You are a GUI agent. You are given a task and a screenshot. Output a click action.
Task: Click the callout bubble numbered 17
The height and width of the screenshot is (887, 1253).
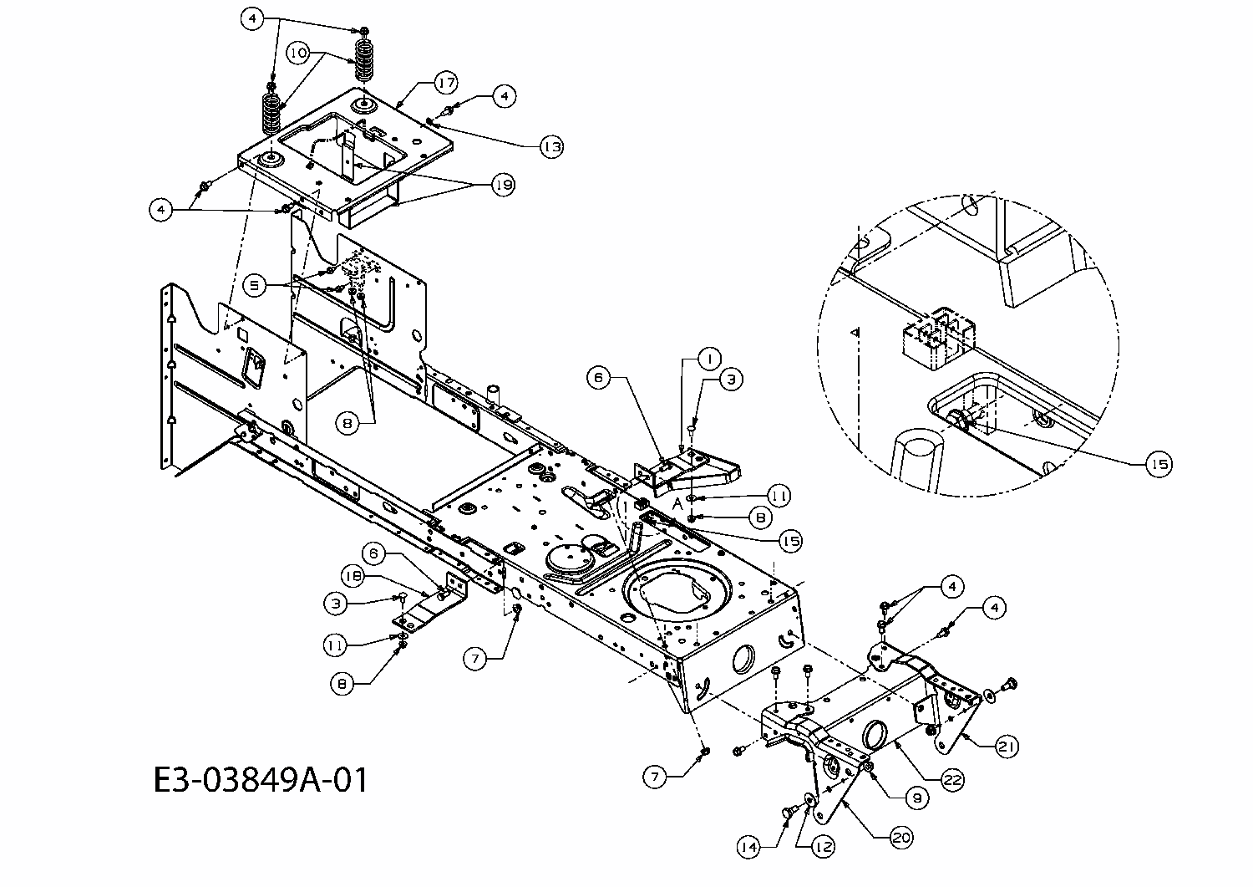point(445,83)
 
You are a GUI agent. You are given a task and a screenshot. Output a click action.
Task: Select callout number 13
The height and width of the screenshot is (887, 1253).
point(550,147)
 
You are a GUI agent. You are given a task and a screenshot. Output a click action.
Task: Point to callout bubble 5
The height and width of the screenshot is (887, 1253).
point(256,285)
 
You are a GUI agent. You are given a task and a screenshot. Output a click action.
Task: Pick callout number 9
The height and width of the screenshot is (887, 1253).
point(916,798)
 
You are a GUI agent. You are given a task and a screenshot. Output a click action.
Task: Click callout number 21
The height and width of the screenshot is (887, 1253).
point(1007,747)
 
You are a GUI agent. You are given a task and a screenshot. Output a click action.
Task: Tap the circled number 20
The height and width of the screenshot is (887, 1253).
point(901,837)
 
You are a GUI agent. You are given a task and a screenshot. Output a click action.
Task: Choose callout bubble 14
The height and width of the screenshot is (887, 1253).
point(749,846)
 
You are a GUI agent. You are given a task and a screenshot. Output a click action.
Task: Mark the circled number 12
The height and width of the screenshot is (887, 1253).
point(823,846)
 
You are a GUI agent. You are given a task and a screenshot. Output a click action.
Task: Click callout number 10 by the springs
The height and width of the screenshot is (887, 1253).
point(298,53)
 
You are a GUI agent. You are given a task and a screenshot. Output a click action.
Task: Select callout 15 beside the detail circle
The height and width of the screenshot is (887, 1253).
point(1159,464)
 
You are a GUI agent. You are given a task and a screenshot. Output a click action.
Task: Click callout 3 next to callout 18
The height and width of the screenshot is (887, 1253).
point(336,602)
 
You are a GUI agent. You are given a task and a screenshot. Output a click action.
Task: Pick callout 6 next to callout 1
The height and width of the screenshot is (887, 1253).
point(598,378)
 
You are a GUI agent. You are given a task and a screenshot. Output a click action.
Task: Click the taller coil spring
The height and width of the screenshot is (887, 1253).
point(364,59)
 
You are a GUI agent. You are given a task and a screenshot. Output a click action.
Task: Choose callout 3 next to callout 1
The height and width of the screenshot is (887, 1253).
point(730,379)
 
